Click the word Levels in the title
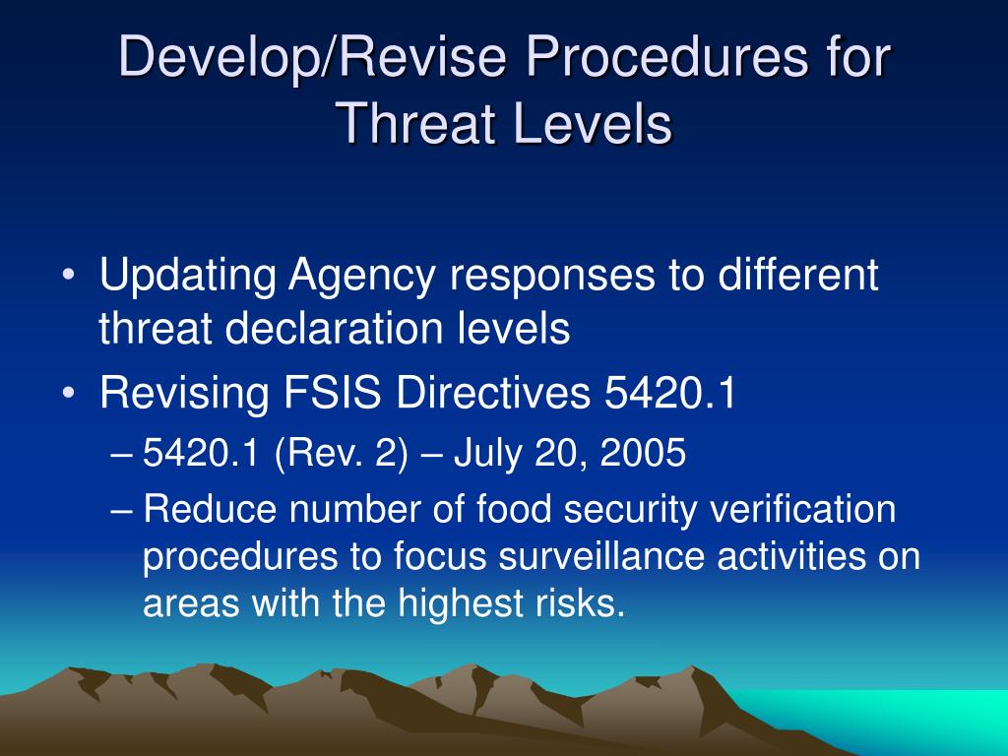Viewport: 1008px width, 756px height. point(593,123)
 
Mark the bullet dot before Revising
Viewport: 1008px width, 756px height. point(69,393)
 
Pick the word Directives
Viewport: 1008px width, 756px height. point(493,392)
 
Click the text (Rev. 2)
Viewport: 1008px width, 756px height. point(341,453)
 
